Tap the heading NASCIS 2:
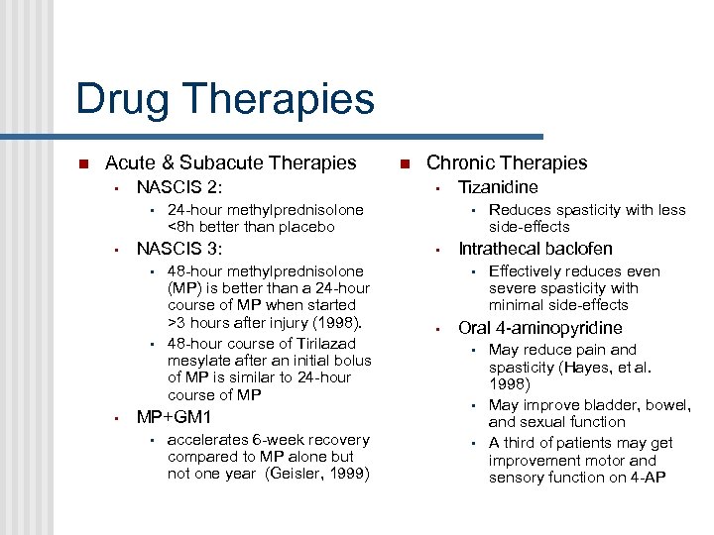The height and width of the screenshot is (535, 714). pyautogui.click(x=179, y=187)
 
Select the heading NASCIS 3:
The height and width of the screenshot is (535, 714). pyautogui.click(x=179, y=249)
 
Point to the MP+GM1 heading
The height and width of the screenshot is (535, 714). pyautogui.click(x=174, y=417)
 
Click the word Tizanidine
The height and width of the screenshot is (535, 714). pyautogui.click(x=498, y=187)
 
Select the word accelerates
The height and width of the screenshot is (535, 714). pyautogui.click(x=209, y=439)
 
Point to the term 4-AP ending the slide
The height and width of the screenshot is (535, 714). pyautogui.click(x=646, y=478)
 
